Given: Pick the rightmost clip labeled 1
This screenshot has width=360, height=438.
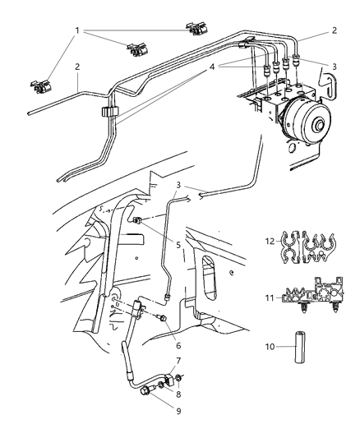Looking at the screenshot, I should (197, 30).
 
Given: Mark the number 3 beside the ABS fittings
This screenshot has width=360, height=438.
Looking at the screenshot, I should (335, 65).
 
